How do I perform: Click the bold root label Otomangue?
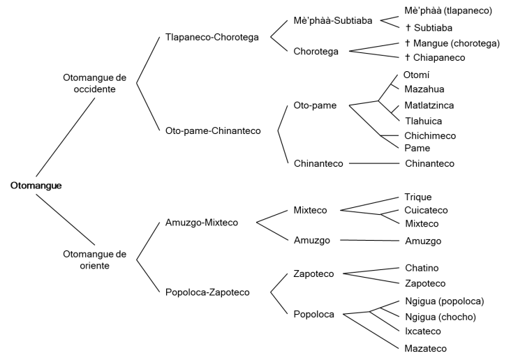pos(36,186)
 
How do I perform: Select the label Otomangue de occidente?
pos(94,83)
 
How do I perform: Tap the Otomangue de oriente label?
pos(94,259)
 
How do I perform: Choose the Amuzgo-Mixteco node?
pos(202,223)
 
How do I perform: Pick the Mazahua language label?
pos(424,89)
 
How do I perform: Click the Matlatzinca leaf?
pos(429,105)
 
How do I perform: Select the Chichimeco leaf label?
pos(431,135)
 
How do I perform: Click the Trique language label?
pos(418,197)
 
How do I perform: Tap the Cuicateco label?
pos(427,210)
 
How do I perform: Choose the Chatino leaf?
pos(422,268)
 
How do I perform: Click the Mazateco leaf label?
pos(426,347)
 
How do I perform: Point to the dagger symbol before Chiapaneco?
pos(408,58)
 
